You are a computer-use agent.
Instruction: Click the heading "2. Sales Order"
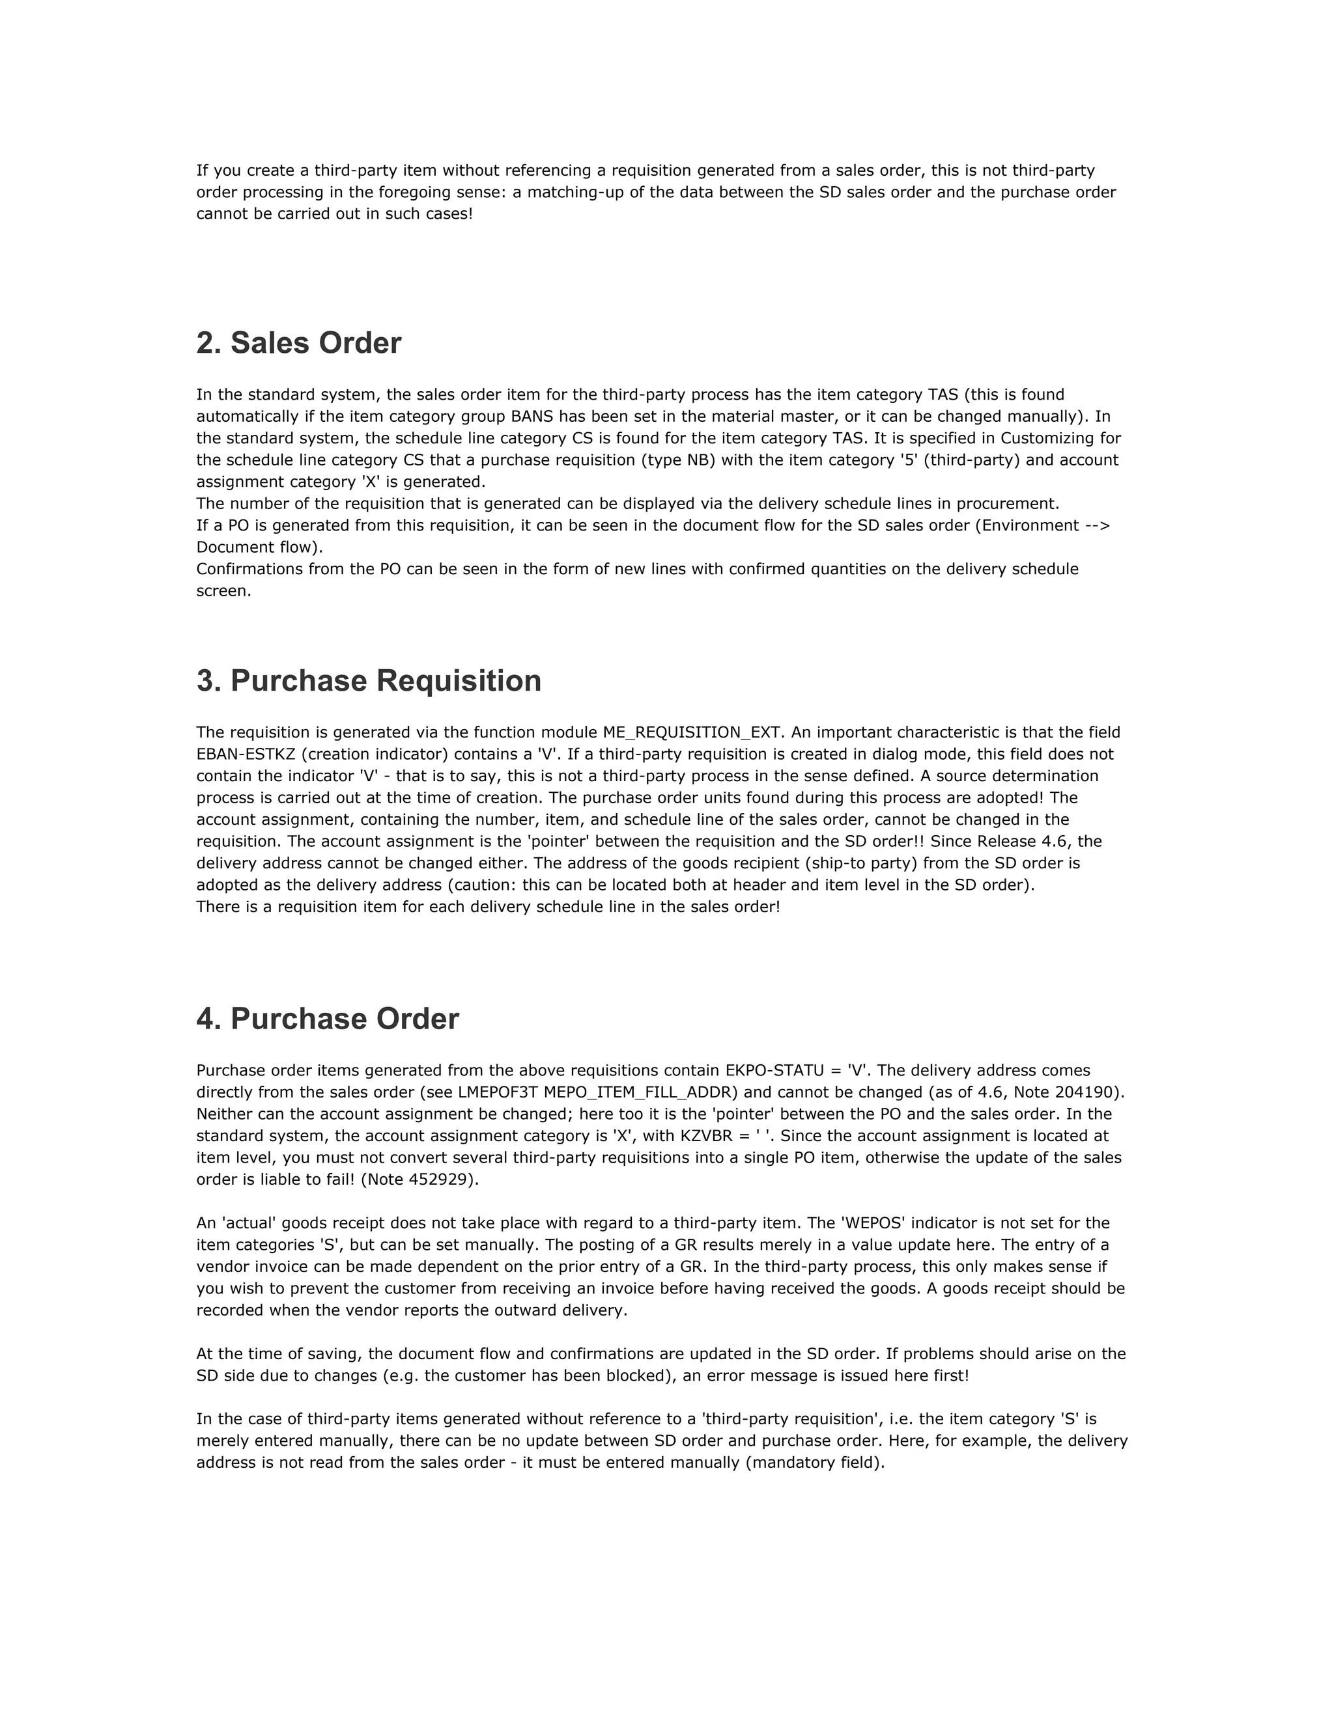click(299, 344)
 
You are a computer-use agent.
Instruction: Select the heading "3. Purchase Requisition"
click(368, 681)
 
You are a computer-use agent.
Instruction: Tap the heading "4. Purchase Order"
click(327, 1019)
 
